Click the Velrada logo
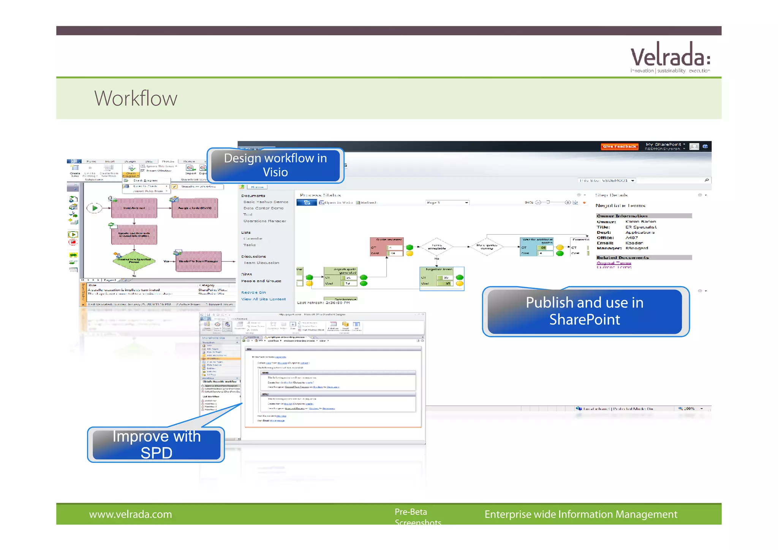[670, 57]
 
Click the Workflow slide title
[136, 98]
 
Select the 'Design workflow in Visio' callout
[275, 165]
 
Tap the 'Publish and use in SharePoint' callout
[585, 311]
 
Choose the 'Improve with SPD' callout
[156, 444]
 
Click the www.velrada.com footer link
[130, 514]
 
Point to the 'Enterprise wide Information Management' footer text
[580, 514]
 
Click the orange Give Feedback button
[619, 146]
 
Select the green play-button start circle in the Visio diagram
[95, 208]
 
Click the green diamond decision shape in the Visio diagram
[134, 261]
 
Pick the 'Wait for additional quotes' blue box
[537, 247]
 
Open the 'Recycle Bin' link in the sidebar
[253, 293]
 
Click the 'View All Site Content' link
[263, 299]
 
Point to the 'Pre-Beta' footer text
[411, 512]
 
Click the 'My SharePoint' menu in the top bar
[665, 144]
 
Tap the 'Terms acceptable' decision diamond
[437, 247]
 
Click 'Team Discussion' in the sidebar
[261, 263]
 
